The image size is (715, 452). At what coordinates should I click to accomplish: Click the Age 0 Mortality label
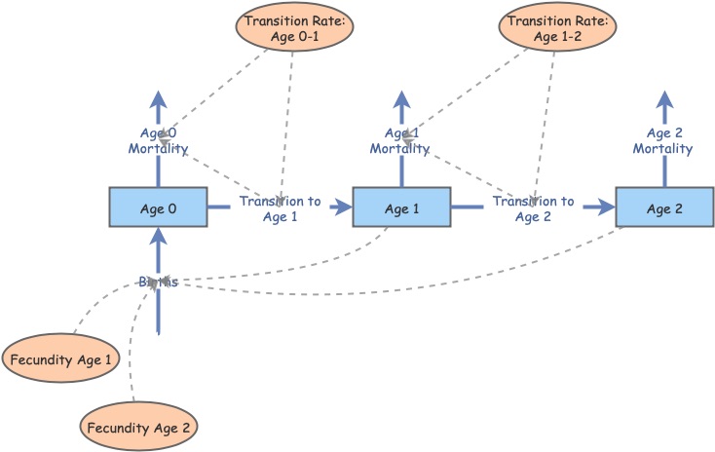(158, 141)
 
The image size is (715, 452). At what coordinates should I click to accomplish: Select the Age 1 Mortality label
(401, 141)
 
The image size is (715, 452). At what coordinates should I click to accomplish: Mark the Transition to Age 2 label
(533, 208)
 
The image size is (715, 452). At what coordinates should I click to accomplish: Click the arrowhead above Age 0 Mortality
(158, 98)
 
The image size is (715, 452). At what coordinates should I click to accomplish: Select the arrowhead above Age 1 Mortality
(401, 98)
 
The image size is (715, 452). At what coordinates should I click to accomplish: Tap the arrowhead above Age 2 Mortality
(665, 98)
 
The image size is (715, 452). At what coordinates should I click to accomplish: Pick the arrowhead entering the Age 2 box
(606, 207)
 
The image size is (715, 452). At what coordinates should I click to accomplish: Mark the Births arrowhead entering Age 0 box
(157, 237)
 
